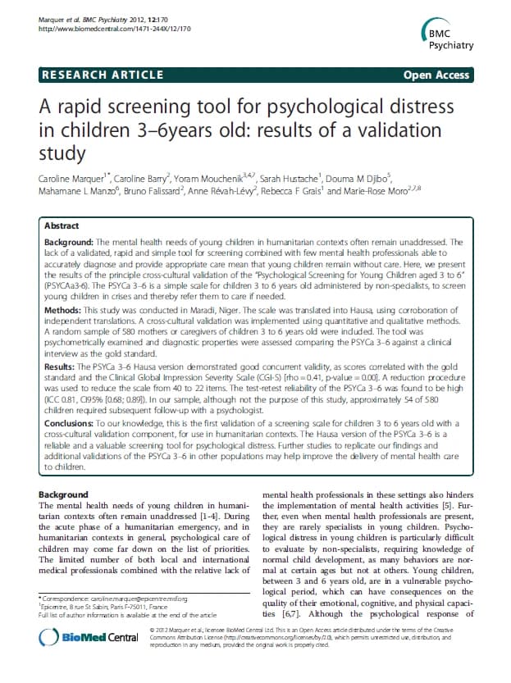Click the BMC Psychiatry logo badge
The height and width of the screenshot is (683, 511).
[x=456, y=34]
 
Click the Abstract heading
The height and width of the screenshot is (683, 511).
[x=62, y=225]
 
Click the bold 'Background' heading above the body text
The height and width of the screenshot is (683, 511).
[x=64, y=494]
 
